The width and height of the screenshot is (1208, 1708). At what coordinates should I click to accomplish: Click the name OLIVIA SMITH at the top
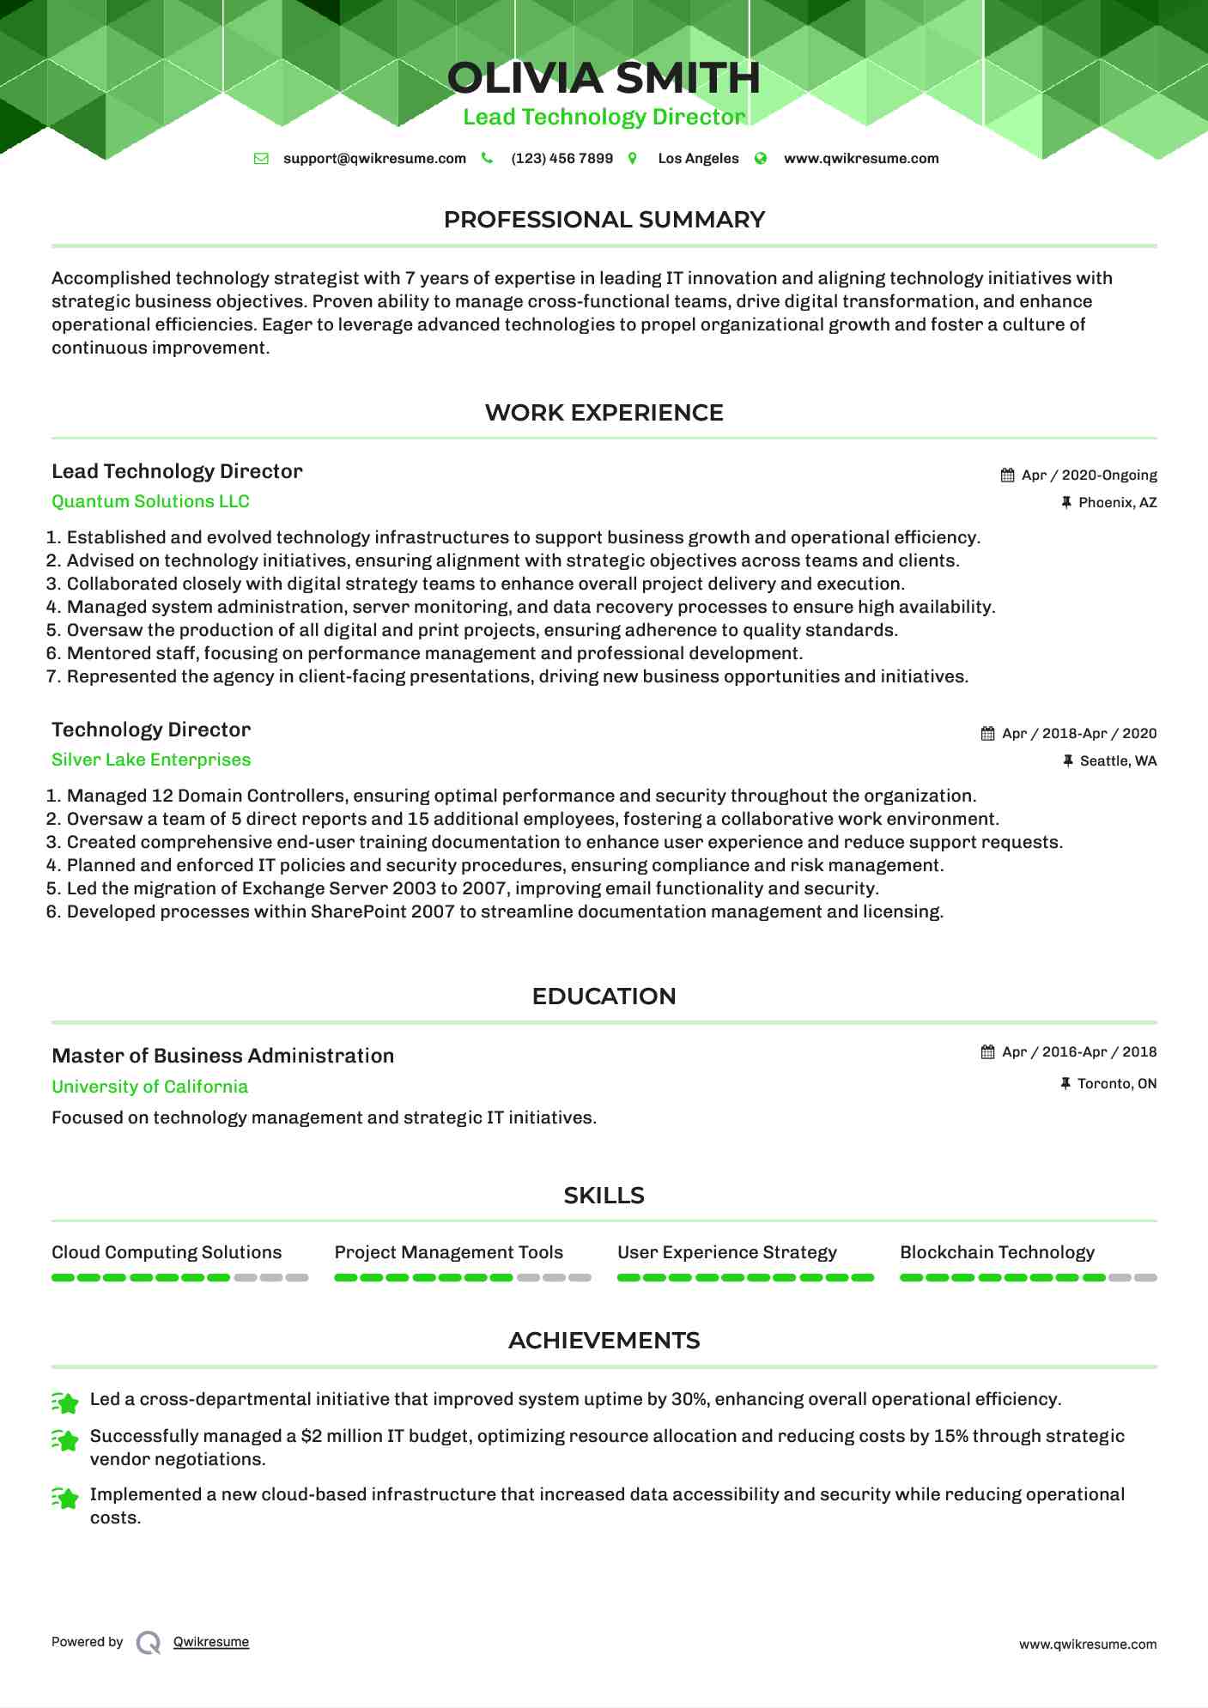pyautogui.click(x=604, y=78)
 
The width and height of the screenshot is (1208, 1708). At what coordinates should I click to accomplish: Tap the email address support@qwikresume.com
pyautogui.click(x=374, y=159)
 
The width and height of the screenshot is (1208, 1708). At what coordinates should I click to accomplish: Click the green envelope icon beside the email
pyautogui.click(x=262, y=159)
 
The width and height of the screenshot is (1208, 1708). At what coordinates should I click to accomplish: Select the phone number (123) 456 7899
pyautogui.click(x=562, y=159)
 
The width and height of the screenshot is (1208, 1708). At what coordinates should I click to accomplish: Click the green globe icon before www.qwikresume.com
pyautogui.click(x=761, y=159)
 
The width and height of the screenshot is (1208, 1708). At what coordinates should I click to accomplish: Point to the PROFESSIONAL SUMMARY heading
pyautogui.click(x=604, y=220)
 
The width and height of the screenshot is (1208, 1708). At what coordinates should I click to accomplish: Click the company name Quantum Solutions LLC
pyautogui.click(x=150, y=501)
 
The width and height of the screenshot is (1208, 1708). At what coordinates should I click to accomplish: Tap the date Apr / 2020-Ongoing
pyautogui.click(x=1089, y=475)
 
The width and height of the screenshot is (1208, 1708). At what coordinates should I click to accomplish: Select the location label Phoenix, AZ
pyautogui.click(x=1117, y=503)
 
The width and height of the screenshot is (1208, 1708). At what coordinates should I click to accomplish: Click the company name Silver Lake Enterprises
pyautogui.click(x=151, y=760)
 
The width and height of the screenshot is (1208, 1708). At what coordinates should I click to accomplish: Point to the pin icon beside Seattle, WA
pyautogui.click(x=1068, y=761)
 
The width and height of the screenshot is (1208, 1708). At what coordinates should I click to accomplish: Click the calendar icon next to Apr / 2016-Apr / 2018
pyautogui.click(x=988, y=1052)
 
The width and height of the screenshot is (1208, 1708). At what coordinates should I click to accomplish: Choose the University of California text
pyautogui.click(x=149, y=1087)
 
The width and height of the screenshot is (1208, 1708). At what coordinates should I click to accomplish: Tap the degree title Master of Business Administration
pyautogui.click(x=222, y=1056)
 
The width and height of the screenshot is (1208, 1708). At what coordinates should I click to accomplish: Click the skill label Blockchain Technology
pyautogui.click(x=997, y=1252)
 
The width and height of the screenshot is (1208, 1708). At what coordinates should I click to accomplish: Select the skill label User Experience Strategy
pyautogui.click(x=726, y=1252)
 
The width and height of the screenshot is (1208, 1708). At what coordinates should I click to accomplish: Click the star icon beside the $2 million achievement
pyautogui.click(x=65, y=1440)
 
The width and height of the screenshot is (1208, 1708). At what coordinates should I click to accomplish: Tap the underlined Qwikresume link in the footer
pyautogui.click(x=211, y=1642)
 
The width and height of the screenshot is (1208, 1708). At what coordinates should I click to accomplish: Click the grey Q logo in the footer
pyautogui.click(x=149, y=1643)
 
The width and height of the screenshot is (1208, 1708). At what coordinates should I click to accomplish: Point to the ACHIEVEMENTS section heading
pyautogui.click(x=604, y=1341)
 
